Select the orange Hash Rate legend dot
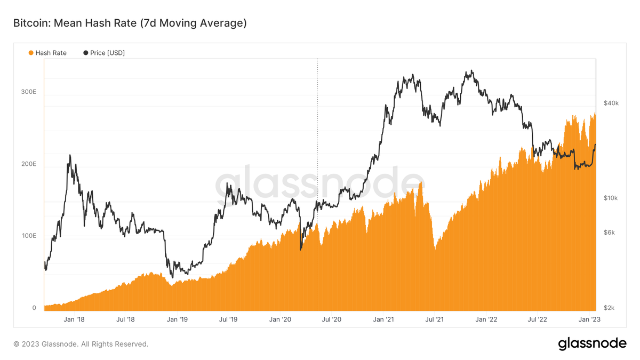[x=31, y=53]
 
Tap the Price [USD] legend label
[x=107, y=53]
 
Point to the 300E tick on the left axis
[x=28, y=92]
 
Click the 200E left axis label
[x=28, y=164]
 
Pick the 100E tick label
[x=28, y=236]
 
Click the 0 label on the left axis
[x=34, y=308]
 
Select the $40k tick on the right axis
[x=611, y=103]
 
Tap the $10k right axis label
[x=611, y=198]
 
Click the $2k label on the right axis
[x=609, y=308]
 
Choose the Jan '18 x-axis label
[x=74, y=319]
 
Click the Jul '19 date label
[x=228, y=319]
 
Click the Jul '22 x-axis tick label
[x=538, y=319]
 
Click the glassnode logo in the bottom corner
[x=592, y=344]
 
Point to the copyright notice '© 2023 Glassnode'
[x=81, y=344]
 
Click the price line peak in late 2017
[x=70, y=155]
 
